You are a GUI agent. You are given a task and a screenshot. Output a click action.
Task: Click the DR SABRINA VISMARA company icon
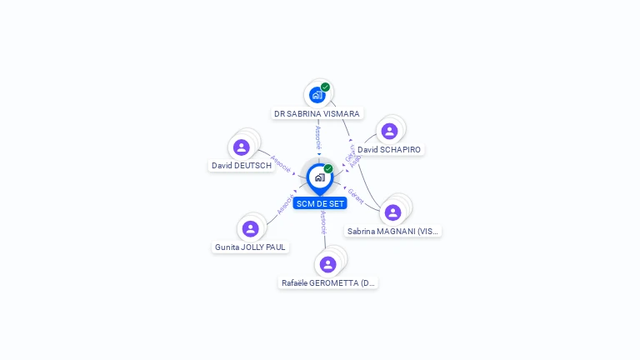pyautogui.click(x=317, y=95)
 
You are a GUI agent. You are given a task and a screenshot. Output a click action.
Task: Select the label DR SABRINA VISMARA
pyautogui.click(x=317, y=113)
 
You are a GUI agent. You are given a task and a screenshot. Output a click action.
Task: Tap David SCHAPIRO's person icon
pyautogui.click(x=389, y=131)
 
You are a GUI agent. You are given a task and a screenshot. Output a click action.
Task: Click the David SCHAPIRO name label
pyautogui.click(x=389, y=149)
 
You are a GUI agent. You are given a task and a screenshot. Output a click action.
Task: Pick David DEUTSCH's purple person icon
pyautogui.click(x=242, y=147)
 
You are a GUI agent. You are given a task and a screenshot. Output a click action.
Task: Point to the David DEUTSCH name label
pyautogui.click(x=242, y=166)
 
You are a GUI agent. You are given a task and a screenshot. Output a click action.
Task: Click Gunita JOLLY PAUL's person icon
pyautogui.click(x=250, y=228)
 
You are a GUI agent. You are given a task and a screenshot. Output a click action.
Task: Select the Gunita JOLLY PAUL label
pyautogui.click(x=250, y=247)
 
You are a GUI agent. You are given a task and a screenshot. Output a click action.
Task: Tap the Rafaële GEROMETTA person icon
pyautogui.click(x=327, y=264)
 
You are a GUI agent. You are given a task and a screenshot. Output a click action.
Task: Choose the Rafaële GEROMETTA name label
pyautogui.click(x=328, y=283)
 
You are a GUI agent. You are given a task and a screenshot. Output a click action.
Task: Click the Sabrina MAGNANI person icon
pyautogui.click(x=393, y=212)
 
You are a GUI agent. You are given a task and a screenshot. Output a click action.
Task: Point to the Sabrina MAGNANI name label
pyautogui.click(x=392, y=231)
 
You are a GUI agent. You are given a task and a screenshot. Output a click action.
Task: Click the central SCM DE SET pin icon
pyautogui.click(x=319, y=177)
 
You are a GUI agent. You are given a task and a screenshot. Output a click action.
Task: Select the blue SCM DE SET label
pyautogui.click(x=319, y=203)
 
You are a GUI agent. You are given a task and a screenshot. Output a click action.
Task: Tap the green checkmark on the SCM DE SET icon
pyautogui.click(x=328, y=169)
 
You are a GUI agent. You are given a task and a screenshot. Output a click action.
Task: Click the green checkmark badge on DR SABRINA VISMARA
pyautogui.click(x=325, y=87)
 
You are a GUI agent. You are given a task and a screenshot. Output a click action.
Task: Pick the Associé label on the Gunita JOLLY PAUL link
pyautogui.click(x=285, y=205)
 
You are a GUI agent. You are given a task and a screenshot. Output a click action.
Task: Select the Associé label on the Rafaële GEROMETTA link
pyautogui.click(x=323, y=221)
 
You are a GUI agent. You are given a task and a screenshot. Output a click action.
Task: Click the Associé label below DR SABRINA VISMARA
pyautogui.click(x=317, y=137)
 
